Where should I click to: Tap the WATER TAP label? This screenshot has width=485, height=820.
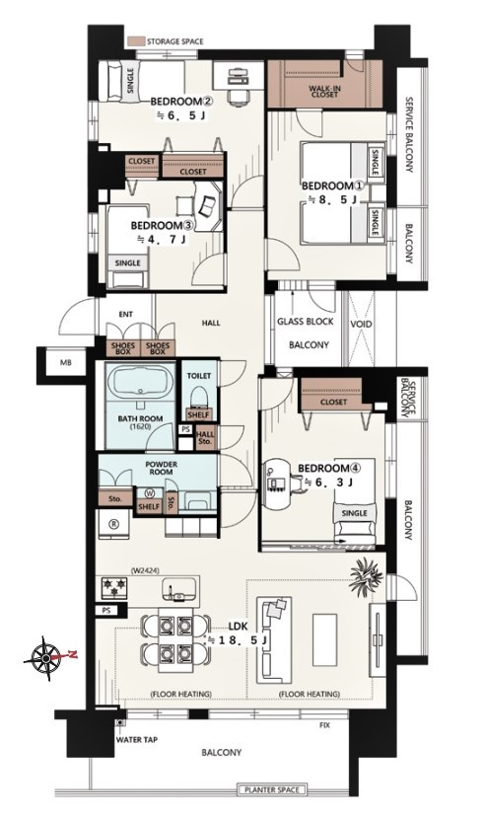pos(136,739)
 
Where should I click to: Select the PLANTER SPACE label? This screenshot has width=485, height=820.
pos(272,789)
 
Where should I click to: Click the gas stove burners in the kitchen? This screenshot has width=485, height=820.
pos(114,586)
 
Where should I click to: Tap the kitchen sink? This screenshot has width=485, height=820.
pos(180,589)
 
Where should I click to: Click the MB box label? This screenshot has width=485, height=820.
pos(66,363)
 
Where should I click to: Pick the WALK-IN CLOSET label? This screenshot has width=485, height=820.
pos(324,92)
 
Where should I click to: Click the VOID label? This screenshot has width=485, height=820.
pos(361,325)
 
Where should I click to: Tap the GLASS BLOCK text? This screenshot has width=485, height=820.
pos(306,322)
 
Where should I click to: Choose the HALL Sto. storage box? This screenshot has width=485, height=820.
pos(205,437)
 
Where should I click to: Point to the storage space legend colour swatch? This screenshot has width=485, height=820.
pos(136,41)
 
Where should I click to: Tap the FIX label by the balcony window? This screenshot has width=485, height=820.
pos(324,725)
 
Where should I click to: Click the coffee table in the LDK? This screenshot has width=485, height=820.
pos(324,639)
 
